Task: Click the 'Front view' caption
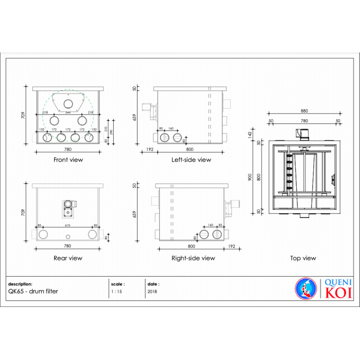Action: tap(68, 160)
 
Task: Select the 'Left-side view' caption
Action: tap(191, 160)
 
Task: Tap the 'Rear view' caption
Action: tap(68, 258)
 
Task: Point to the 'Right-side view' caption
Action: tap(193, 258)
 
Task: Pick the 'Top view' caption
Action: tap(303, 258)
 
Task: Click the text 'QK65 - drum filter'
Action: tap(33, 291)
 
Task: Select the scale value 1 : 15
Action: tap(116, 291)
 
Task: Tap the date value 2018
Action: tap(152, 291)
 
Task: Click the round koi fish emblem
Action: tap(305, 288)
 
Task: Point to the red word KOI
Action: tap(338, 293)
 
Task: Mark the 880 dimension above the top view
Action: tap(304, 111)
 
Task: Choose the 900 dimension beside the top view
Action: tap(251, 176)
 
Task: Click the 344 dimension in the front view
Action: tap(68, 113)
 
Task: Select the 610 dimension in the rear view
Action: tap(68, 225)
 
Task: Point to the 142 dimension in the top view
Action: tap(251, 134)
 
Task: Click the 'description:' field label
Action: tap(21, 283)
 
